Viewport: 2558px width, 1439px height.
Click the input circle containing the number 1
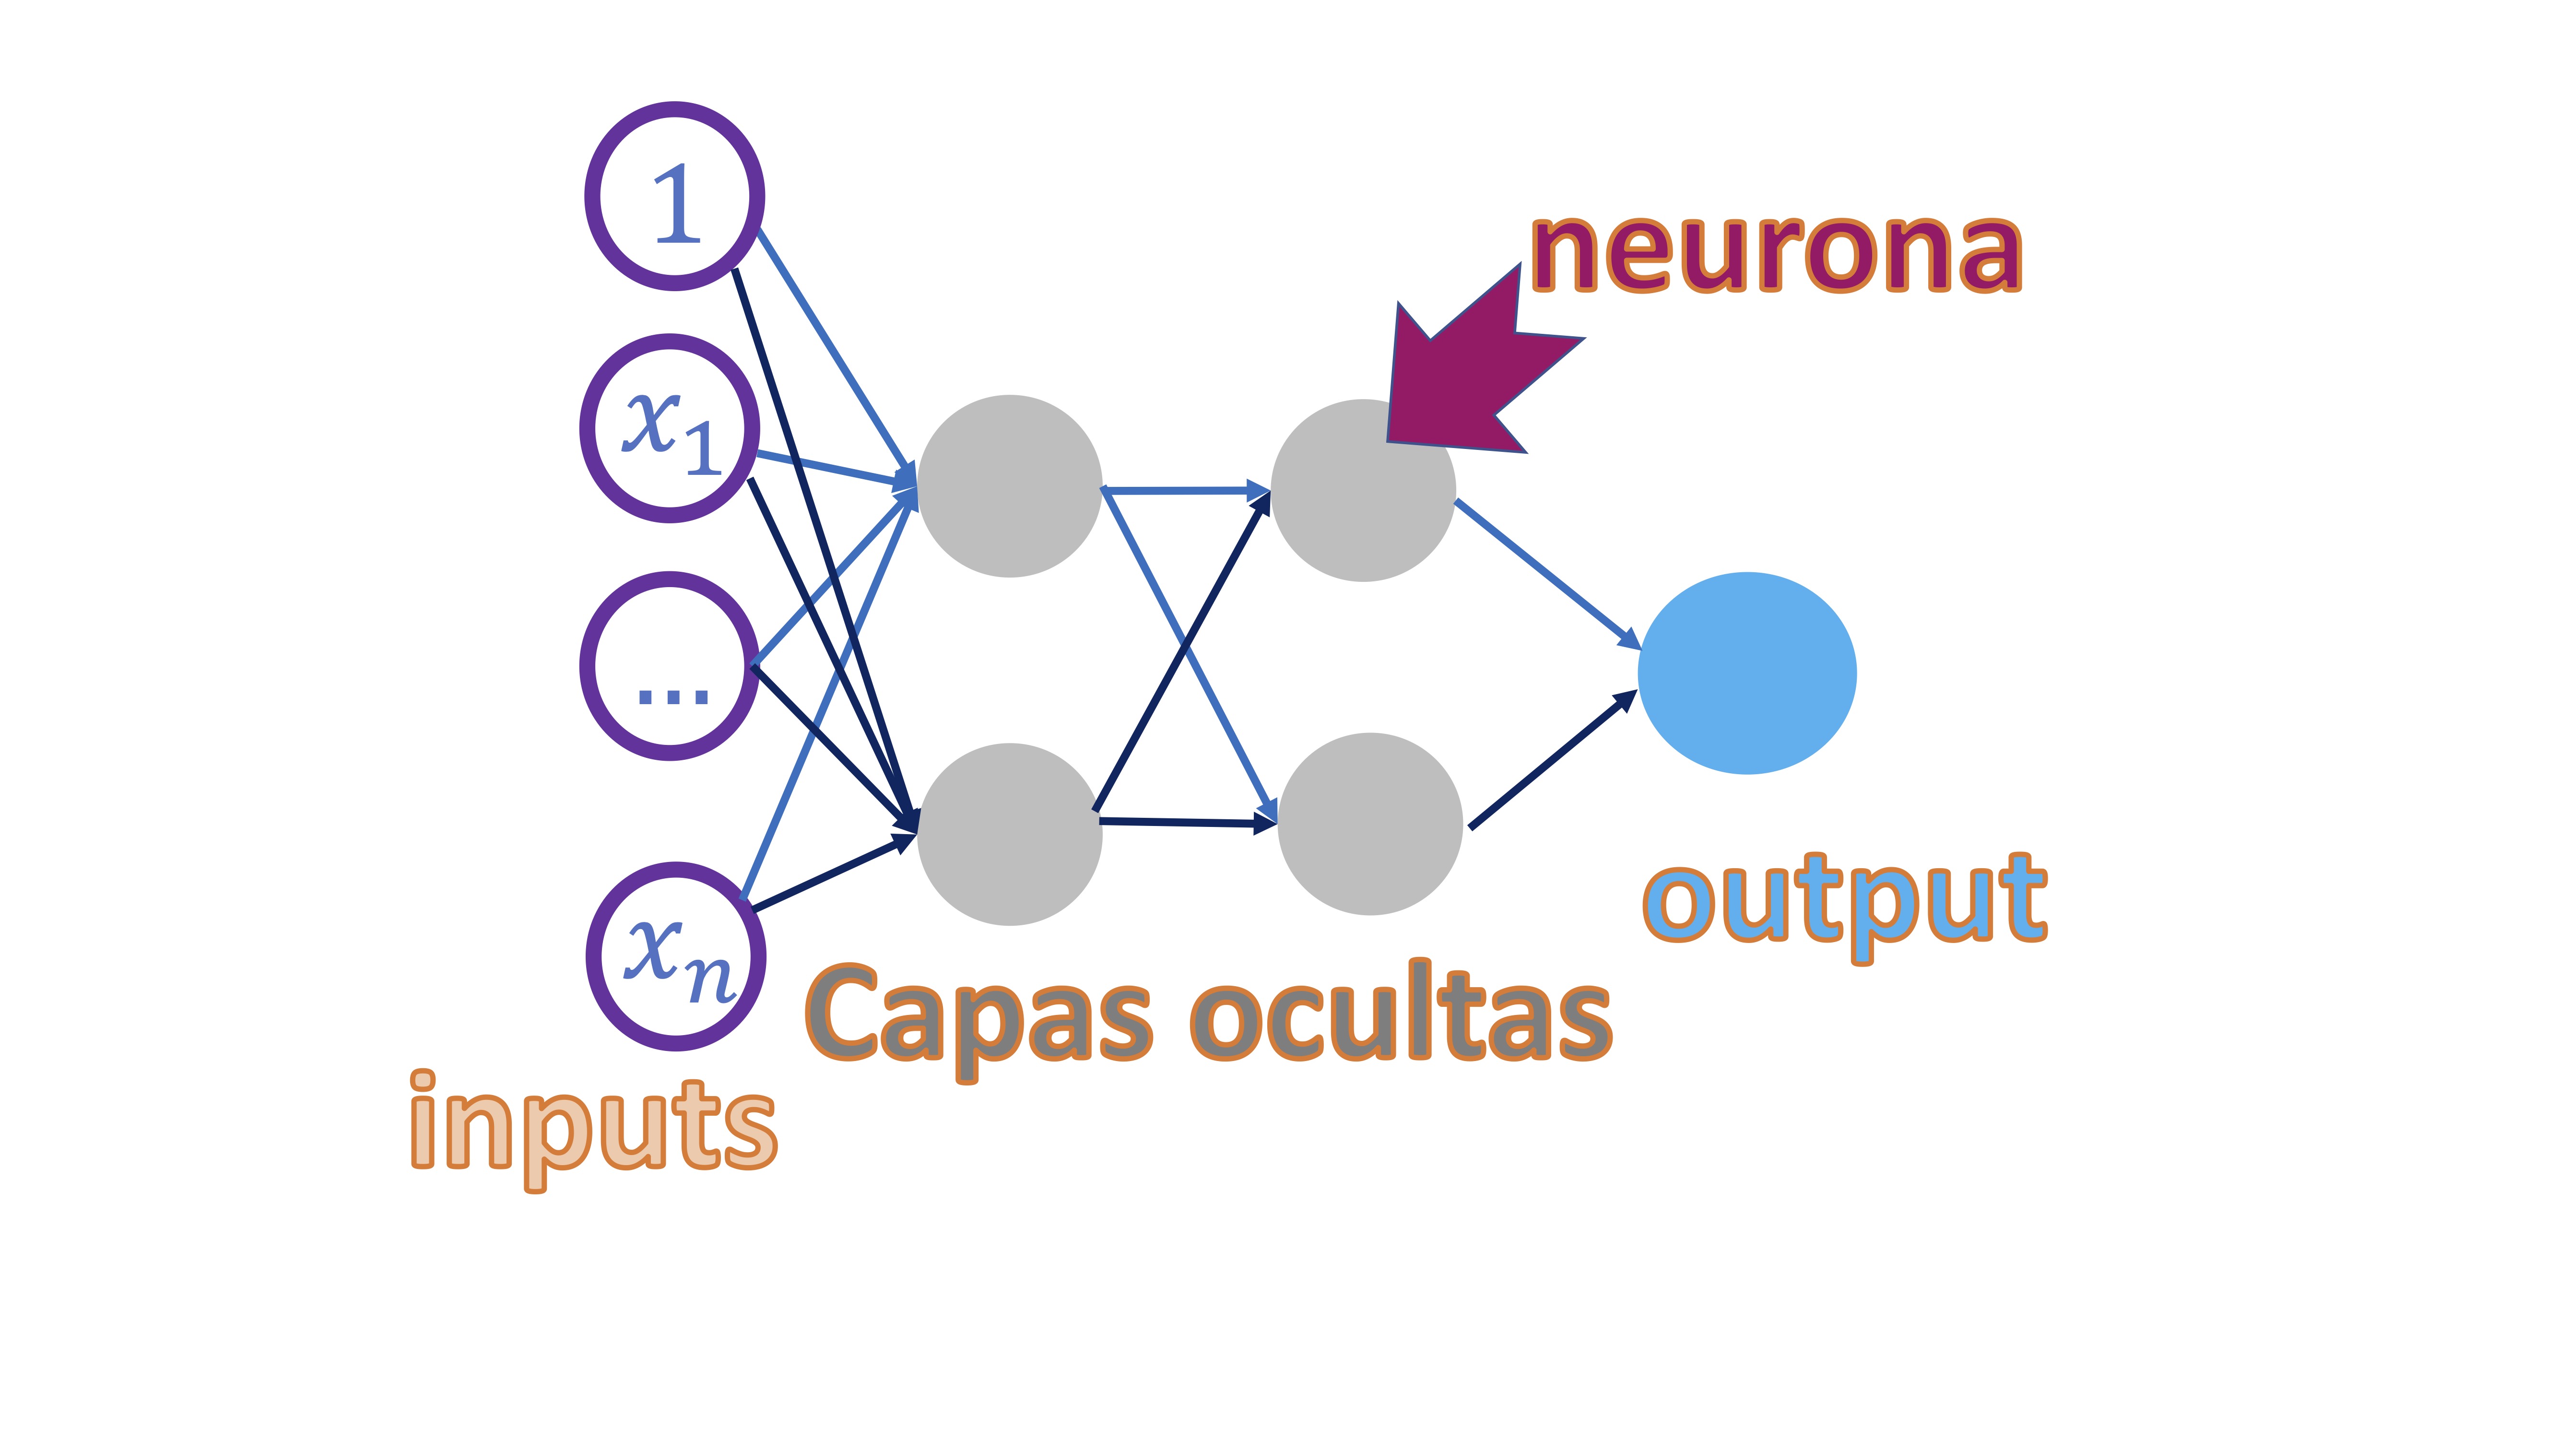[674, 197]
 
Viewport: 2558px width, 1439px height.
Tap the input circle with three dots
[670, 665]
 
